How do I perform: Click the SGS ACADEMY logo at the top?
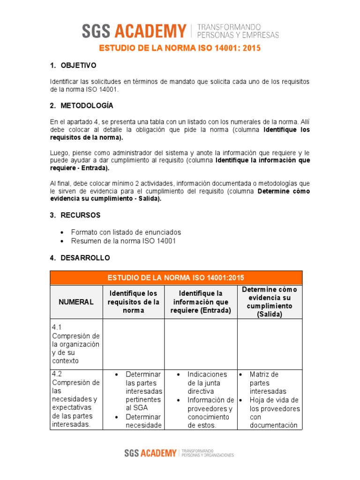point(135,31)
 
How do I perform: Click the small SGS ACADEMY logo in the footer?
point(150,453)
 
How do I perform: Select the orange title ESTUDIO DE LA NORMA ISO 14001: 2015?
point(180,48)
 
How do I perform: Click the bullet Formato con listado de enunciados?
point(126,232)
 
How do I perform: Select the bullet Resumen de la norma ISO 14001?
point(123,241)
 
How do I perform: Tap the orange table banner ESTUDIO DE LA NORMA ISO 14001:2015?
point(176,277)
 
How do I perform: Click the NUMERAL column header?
point(76,302)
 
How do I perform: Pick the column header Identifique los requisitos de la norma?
point(134,301)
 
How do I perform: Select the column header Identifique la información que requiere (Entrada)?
point(201,302)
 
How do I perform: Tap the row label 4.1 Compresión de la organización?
point(76,344)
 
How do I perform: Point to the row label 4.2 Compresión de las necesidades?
point(76,399)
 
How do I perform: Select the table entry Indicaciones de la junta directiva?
point(207,382)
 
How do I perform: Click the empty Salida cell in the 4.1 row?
point(270,344)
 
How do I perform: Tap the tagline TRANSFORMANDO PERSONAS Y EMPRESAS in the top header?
point(239,31)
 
